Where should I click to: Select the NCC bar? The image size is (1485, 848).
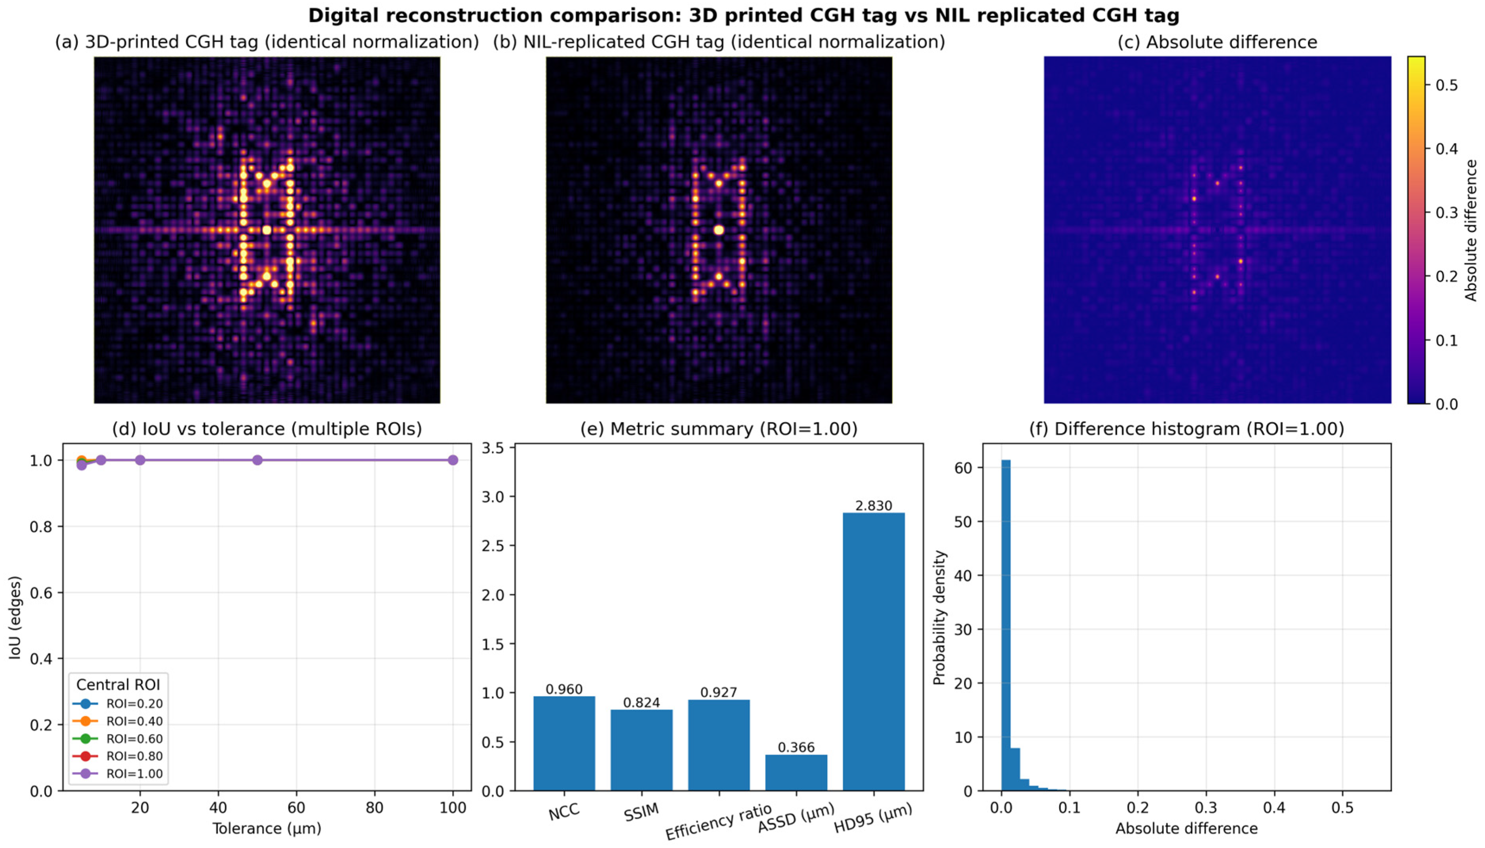[564, 743]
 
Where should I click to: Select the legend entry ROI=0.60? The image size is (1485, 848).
[134, 738]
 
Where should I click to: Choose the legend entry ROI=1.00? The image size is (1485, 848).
[134, 774]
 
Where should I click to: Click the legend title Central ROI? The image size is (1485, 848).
[118, 684]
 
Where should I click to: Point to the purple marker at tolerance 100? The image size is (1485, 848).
[453, 460]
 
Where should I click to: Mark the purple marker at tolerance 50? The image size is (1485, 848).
[257, 460]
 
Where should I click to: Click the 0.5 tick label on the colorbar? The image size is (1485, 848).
[1446, 85]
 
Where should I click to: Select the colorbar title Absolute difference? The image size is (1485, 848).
[1471, 230]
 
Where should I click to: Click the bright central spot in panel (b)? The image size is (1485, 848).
[718, 230]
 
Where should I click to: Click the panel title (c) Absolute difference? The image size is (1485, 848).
[1217, 42]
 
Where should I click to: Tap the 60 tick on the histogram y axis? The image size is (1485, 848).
[964, 468]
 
